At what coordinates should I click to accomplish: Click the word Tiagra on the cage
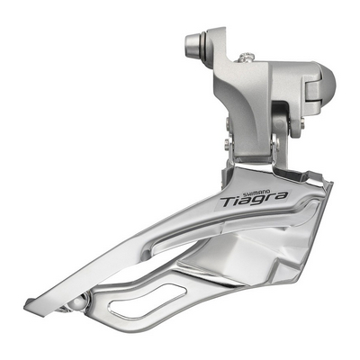pyautogui.click(x=253, y=199)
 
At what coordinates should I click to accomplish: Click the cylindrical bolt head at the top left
pyautogui.click(x=194, y=44)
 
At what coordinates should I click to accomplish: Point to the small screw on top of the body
pyautogui.click(x=247, y=57)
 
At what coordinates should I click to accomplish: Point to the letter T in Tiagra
pyautogui.click(x=228, y=202)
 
